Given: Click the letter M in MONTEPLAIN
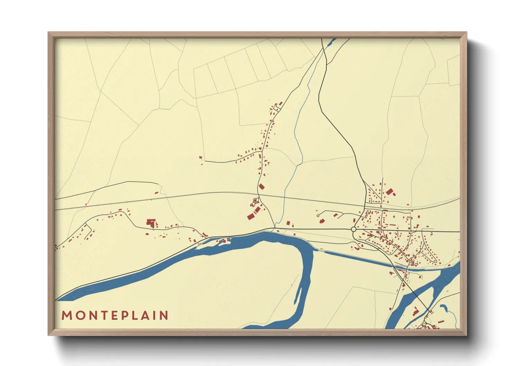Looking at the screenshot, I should [66, 315].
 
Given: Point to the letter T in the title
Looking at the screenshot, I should [102, 315].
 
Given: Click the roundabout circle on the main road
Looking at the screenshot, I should [354, 229].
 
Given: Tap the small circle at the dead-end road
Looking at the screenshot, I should [318, 216].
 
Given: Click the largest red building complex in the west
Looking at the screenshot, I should [150, 222].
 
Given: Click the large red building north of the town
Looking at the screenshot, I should [390, 191].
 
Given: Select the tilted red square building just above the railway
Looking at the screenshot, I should [262, 186].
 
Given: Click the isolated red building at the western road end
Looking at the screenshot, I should [201, 158].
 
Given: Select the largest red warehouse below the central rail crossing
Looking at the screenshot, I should [251, 217].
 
